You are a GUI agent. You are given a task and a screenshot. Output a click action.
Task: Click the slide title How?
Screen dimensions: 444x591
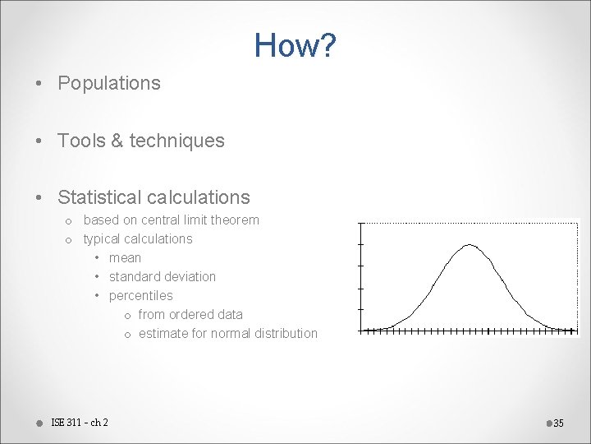tap(295, 45)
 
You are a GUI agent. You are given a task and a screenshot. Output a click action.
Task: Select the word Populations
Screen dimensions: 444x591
tap(109, 83)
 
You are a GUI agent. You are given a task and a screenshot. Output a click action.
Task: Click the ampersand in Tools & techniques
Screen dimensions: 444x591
tap(116, 141)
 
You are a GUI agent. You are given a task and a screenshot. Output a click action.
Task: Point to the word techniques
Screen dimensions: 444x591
tap(176, 141)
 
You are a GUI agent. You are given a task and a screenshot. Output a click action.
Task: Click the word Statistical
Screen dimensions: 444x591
tap(98, 197)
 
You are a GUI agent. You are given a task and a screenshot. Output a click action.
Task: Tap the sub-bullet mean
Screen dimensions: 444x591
tap(125, 258)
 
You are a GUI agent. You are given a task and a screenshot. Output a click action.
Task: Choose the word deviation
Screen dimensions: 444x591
tap(190, 277)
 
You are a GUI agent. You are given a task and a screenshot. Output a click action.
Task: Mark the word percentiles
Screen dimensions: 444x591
tap(140, 296)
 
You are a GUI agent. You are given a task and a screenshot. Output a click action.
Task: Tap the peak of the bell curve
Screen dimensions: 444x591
tap(469, 245)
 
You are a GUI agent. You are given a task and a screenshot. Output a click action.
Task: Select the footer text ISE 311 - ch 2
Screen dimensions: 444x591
tap(80, 423)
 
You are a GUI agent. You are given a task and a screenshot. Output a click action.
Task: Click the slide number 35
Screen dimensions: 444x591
tap(559, 423)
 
